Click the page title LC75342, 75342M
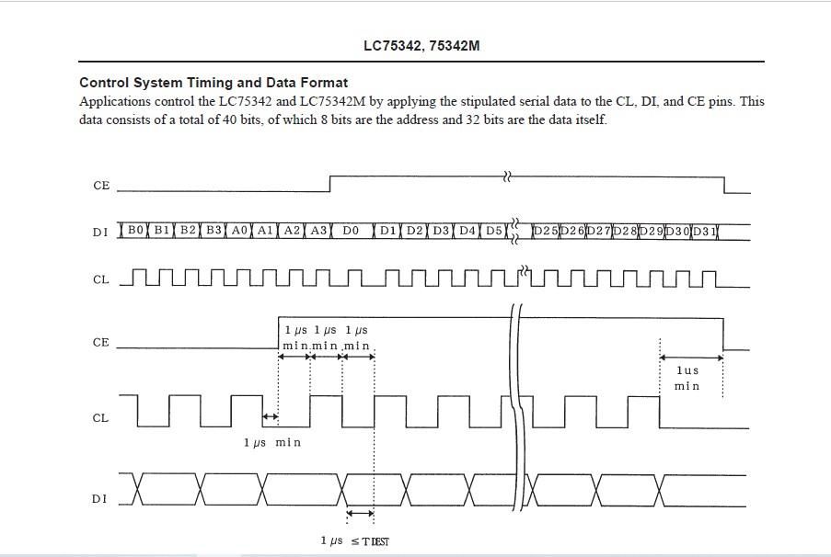point(421,46)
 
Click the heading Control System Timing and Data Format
point(214,83)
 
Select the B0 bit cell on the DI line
point(135,231)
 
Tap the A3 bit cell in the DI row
point(318,231)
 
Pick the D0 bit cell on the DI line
point(351,231)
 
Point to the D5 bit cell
point(494,231)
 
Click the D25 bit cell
point(546,231)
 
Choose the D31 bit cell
point(704,231)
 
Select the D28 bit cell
point(625,231)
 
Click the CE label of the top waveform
point(101,186)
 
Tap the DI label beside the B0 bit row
point(99,232)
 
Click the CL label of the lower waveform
point(100,417)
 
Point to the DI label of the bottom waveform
point(99,499)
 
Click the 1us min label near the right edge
point(687,378)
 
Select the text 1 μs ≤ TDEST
point(354,541)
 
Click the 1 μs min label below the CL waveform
point(271,442)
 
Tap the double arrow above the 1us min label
point(691,358)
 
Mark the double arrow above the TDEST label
point(361,513)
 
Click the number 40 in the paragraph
point(229,119)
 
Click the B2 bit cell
point(188,231)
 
